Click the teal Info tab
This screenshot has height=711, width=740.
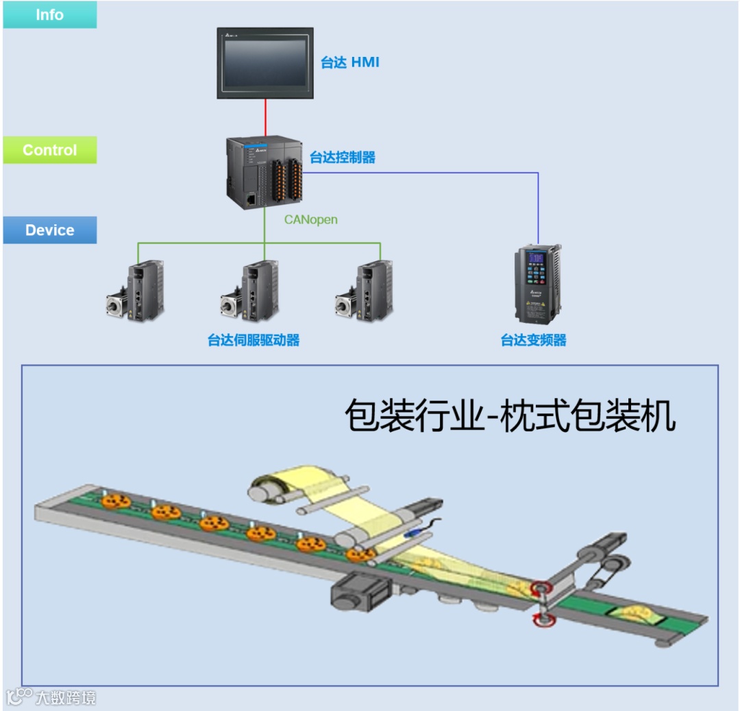coord(49,14)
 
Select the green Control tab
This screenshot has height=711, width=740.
coord(49,150)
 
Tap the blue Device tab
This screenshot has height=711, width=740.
coord(49,230)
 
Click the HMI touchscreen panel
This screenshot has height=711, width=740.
coord(265,63)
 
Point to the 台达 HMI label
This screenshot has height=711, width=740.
coord(349,63)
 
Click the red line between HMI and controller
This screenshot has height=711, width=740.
coord(265,117)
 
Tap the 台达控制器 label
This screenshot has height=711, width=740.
coord(343,158)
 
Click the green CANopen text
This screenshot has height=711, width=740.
coord(311,220)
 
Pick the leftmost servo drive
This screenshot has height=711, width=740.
coord(137,291)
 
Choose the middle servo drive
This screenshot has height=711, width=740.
coord(251,291)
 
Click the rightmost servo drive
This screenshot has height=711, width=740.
coord(366,291)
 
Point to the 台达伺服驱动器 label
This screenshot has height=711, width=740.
coord(254,340)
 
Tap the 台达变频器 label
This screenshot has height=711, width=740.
coord(534,340)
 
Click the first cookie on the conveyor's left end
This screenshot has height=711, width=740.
coord(115,501)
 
